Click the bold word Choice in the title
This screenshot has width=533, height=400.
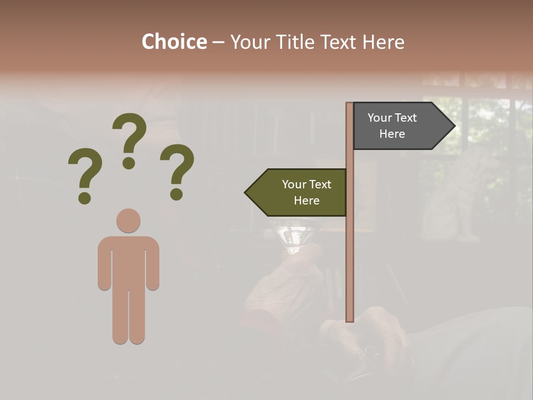pyautogui.click(x=174, y=42)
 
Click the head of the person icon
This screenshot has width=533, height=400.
pyautogui.click(x=128, y=221)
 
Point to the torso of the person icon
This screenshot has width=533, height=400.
pyautogui.click(x=128, y=261)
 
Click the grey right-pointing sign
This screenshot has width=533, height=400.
pyautogui.click(x=397, y=126)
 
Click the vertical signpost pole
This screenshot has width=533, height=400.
pyautogui.click(x=350, y=250)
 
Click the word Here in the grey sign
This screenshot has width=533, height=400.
pyautogui.click(x=392, y=134)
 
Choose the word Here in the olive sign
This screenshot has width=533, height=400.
pyautogui.click(x=306, y=201)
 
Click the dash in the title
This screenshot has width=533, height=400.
pyautogui.click(x=218, y=42)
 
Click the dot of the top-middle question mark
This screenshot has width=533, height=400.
pyautogui.click(x=129, y=163)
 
